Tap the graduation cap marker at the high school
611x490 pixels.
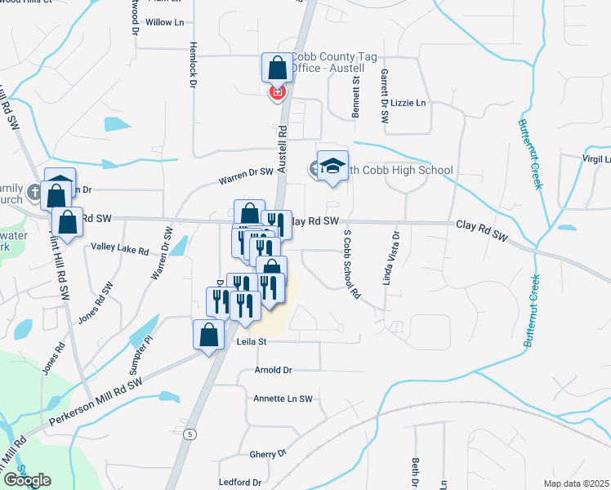pos(332,167)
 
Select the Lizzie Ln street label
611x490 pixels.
pos(410,104)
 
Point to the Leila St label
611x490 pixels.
pos(252,342)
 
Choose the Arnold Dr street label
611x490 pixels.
pos(273,370)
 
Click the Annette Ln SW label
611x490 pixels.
pos(284,399)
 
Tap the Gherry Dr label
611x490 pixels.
pos(269,453)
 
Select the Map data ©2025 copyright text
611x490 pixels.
pos(576,483)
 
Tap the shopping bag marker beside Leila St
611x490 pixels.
pos(208,334)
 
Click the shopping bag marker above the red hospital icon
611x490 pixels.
pos(277,68)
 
